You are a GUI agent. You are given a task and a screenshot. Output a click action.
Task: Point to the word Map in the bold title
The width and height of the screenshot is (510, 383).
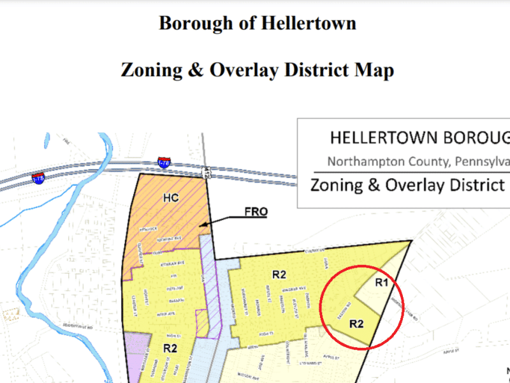pos(375,70)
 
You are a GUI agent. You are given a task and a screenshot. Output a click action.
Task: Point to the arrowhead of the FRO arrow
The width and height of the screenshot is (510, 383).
pos(203,225)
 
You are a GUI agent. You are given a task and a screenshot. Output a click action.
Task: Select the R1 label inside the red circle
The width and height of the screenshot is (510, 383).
pos(381,282)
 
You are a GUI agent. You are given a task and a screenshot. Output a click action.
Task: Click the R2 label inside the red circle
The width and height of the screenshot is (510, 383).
pos(356,324)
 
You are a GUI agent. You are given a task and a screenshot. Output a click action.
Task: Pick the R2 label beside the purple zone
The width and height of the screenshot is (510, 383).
pos(170,348)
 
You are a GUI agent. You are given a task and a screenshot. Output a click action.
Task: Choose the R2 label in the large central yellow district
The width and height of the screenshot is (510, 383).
pos(279,274)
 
